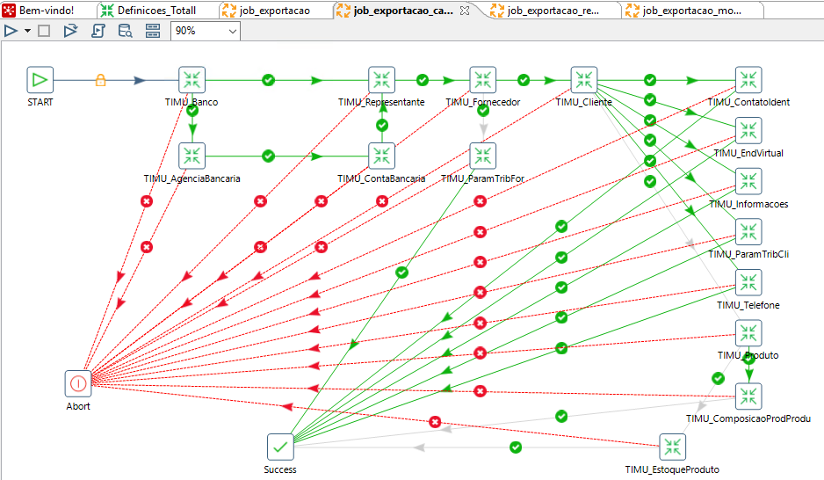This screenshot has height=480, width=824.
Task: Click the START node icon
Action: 40,80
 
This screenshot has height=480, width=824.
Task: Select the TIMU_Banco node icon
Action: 192,80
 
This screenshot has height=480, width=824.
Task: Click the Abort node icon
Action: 78,383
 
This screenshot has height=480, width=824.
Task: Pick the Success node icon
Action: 280,447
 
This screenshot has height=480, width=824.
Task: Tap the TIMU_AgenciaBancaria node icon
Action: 192,156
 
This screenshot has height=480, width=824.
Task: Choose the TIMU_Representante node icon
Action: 381,80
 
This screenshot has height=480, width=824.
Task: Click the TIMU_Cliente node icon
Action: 584,80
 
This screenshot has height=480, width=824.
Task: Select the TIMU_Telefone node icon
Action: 748,283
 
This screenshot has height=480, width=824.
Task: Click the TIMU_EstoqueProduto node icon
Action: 672,447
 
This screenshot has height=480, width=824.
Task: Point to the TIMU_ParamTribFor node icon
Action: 483,156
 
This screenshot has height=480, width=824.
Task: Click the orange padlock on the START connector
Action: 100,80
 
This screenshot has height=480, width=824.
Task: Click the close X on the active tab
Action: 465,11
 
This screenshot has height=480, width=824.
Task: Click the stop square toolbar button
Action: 44,31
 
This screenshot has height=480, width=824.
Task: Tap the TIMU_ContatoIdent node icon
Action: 748,80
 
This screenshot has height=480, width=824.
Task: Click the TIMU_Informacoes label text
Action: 748,204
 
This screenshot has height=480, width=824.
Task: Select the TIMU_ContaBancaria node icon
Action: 381,156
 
